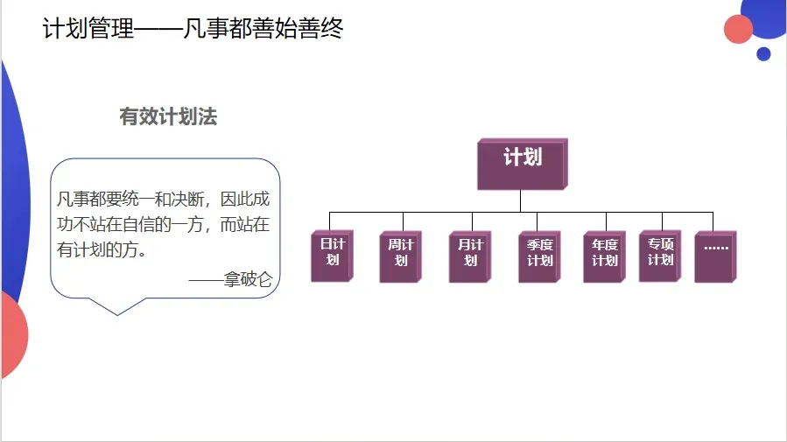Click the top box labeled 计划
pyautogui.click(x=522, y=164)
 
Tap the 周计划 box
pyautogui.click(x=399, y=255)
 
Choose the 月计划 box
pyautogui.click(x=469, y=255)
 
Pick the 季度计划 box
pyautogui.click(x=538, y=255)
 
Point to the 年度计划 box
pyautogui.click(x=604, y=255)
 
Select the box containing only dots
pyautogui.click(x=715, y=255)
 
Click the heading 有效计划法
pyautogui.click(x=168, y=117)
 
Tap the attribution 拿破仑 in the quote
pyautogui.click(x=248, y=281)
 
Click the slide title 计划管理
pyautogui.click(x=88, y=29)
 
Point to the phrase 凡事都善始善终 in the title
pyautogui.click(x=263, y=29)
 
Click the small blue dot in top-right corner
pyautogui.click(x=763, y=54)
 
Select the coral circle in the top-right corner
pyautogui.click(x=739, y=29)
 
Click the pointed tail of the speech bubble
pyautogui.click(x=119, y=308)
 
